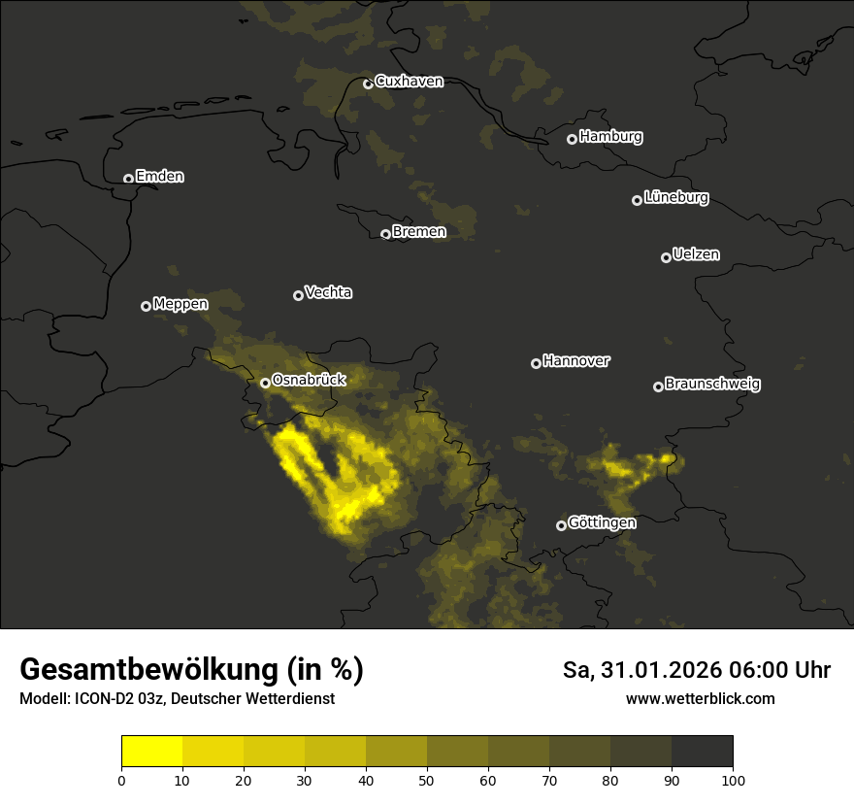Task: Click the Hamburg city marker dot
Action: tap(572, 139)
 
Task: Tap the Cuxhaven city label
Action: tap(409, 82)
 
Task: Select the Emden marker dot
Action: tap(128, 179)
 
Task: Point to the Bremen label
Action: tap(419, 232)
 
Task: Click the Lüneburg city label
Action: tap(675, 198)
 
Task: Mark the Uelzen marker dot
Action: tap(666, 257)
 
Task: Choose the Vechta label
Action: tap(328, 292)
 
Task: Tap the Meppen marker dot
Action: tap(146, 306)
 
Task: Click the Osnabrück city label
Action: tap(309, 380)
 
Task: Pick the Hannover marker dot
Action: tap(536, 363)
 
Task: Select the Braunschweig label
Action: tap(712, 385)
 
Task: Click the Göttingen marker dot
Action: tap(561, 525)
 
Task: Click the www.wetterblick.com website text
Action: tap(701, 698)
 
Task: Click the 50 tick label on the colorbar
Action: tap(427, 780)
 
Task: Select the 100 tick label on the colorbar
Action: tap(733, 780)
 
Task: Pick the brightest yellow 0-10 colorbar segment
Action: tap(152, 752)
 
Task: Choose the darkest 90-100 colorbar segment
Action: tap(702, 752)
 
